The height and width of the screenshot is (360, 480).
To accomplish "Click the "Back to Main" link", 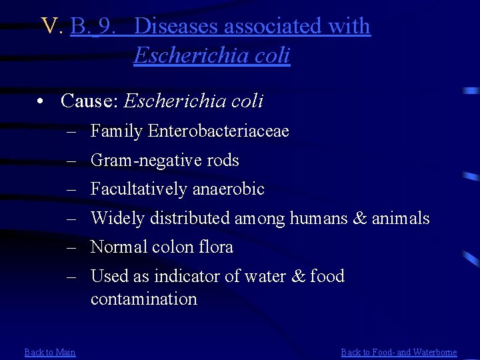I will tap(50, 352).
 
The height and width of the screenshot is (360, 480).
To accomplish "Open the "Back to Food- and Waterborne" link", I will tap(399, 352).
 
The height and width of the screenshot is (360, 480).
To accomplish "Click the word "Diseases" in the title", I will tap(178, 26).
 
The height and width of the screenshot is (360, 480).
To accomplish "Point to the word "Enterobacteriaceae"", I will tap(219, 131).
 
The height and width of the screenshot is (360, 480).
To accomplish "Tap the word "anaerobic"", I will tap(229, 189).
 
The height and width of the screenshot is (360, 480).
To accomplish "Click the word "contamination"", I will tap(144, 299).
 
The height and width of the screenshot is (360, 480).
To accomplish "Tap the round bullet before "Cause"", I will tap(41, 102).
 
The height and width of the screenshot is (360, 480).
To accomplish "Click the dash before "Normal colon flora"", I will tap(71, 247).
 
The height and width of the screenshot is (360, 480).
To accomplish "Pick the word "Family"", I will tap(117, 131).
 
